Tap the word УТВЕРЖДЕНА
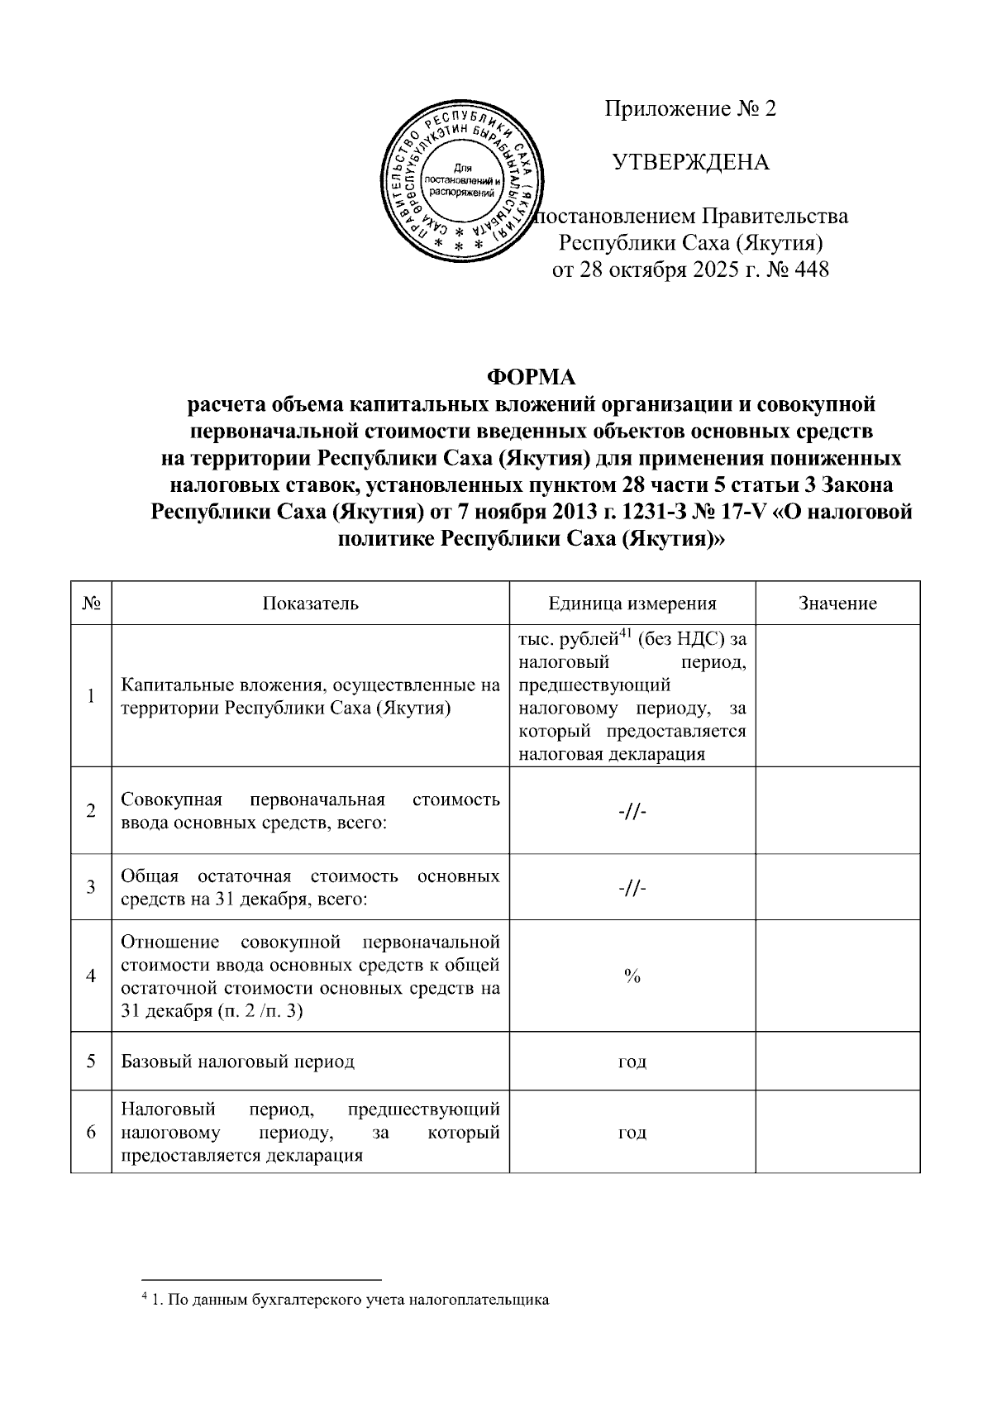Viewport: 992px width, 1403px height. tap(691, 162)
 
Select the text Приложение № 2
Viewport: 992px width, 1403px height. tap(691, 109)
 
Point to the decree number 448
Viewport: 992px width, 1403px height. tap(810, 270)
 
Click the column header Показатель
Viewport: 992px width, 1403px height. tap(310, 604)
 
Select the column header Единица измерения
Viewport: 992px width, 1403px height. tap(632, 604)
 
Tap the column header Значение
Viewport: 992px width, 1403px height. tap(837, 604)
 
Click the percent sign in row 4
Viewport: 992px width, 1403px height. tap(632, 976)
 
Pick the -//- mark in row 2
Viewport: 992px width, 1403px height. tap(632, 811)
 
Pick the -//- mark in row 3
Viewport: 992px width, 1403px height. tap(632, 887)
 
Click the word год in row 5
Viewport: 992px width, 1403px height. tap(632, 1062)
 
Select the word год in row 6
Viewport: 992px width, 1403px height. tap(632, 1133)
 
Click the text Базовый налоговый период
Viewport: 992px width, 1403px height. tap(237, 1062)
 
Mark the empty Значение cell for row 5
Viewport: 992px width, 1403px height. tap(837, 1062)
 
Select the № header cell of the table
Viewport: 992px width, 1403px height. tap(91, 604)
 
